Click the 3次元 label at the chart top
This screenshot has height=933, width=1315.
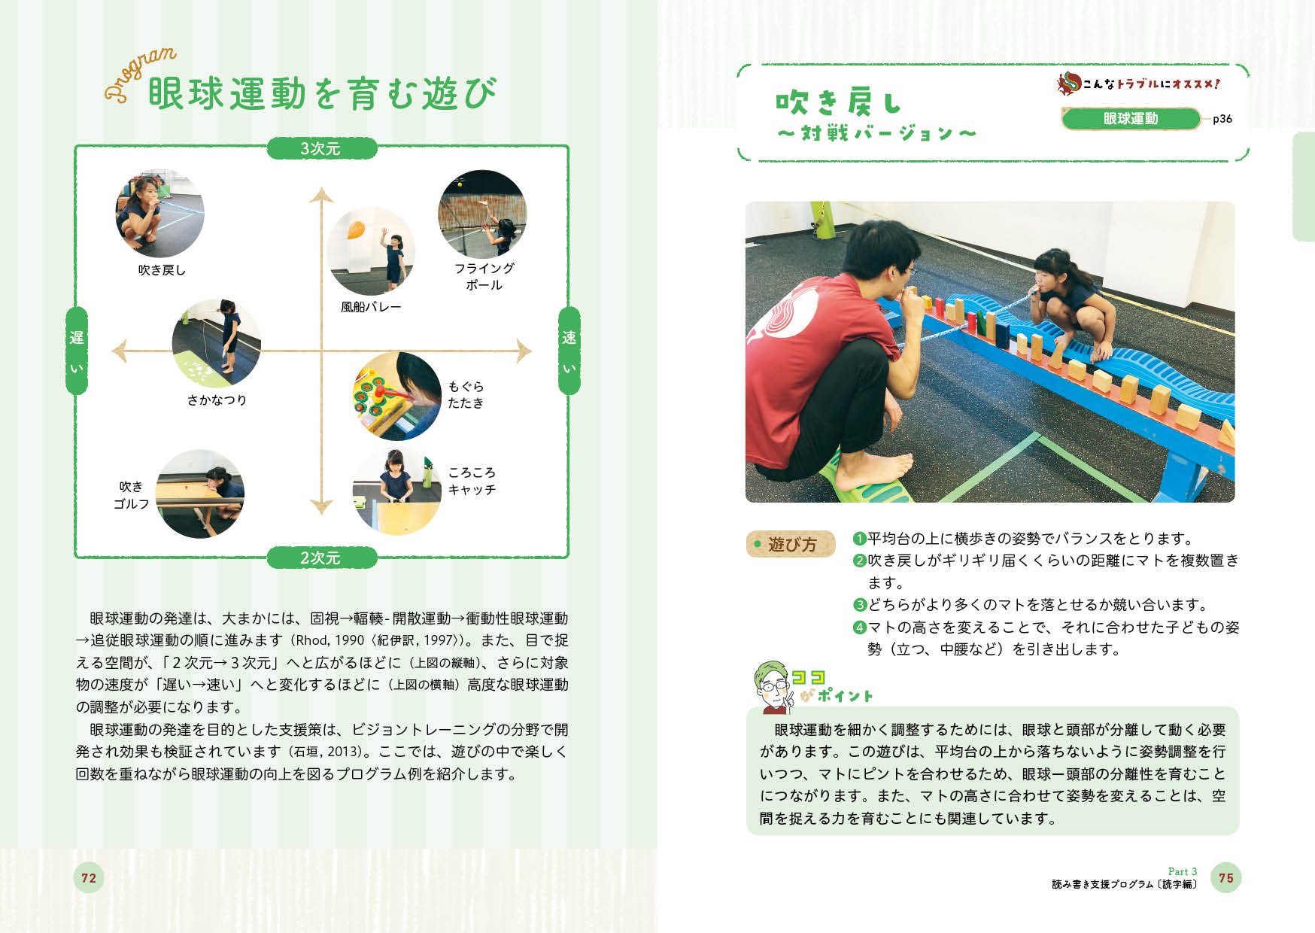tap(321, 148)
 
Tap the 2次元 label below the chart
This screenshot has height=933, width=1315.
tap(321, 558)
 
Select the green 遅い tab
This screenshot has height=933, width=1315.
tap(77, 351)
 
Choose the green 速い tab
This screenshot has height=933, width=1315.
tap(569, 351)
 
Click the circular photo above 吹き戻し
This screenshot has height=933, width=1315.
tap(159, 214)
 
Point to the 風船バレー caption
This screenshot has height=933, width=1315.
tap(371, 307)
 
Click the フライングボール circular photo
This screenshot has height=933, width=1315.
tap(482, 214)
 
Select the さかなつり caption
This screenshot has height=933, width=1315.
tap(217, 400)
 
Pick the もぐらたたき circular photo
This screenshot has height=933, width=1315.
tap(397, 396)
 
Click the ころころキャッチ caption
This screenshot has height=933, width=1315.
tap(472, 481)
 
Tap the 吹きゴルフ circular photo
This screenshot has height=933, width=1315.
tap(200, 494)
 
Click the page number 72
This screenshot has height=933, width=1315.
tap(89, 878)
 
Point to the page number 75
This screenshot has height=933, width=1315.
tap(1226, 878)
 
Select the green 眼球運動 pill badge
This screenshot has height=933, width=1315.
tap(1131, 119)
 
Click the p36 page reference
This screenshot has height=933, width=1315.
tap(1222, 119)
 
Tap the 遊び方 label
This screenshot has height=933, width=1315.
tap(791, 544)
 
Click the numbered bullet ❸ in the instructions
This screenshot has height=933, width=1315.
tap(860, 605)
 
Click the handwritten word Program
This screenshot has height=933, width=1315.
tap(141, 74)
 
